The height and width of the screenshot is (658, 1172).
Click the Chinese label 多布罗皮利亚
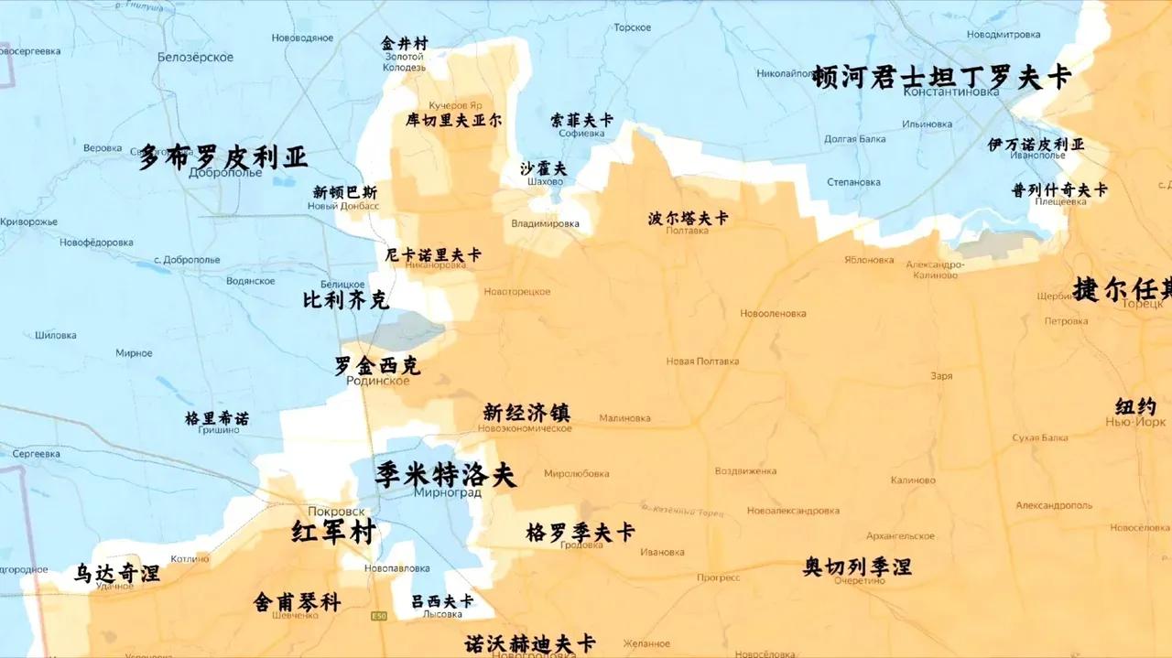pos(222,156)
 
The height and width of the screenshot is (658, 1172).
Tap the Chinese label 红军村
pos(333,532)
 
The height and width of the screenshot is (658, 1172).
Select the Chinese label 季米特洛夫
pos(445,474)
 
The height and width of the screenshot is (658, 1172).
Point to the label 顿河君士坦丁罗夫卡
pos(941,77)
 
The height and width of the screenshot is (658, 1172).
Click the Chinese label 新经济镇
pos(526,412)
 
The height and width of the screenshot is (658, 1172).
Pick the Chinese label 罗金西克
pos(377,365)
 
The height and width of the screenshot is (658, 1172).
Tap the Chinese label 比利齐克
pos(345,300)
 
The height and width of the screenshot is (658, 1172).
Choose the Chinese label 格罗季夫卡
pos(581,532)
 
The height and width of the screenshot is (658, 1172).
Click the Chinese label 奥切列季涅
pos(857,566)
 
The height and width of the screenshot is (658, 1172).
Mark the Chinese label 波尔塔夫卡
pos(688,218)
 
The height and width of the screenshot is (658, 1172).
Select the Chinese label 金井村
pos(404,43)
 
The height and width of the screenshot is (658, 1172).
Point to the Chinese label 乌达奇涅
pos(117,573)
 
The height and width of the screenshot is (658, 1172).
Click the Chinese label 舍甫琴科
pos(297,601)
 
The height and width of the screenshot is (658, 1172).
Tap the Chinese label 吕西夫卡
pos(442,600)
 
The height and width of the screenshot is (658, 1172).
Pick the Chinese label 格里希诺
pos(216,418)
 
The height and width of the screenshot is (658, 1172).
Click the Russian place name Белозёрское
pos(195,57)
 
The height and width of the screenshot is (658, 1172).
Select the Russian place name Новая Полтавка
pos(702,361)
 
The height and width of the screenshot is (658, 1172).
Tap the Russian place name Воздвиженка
pos(745,471)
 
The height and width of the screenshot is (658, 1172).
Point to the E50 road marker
pos(378,616)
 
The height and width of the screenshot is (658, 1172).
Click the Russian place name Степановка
pos(853,182)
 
